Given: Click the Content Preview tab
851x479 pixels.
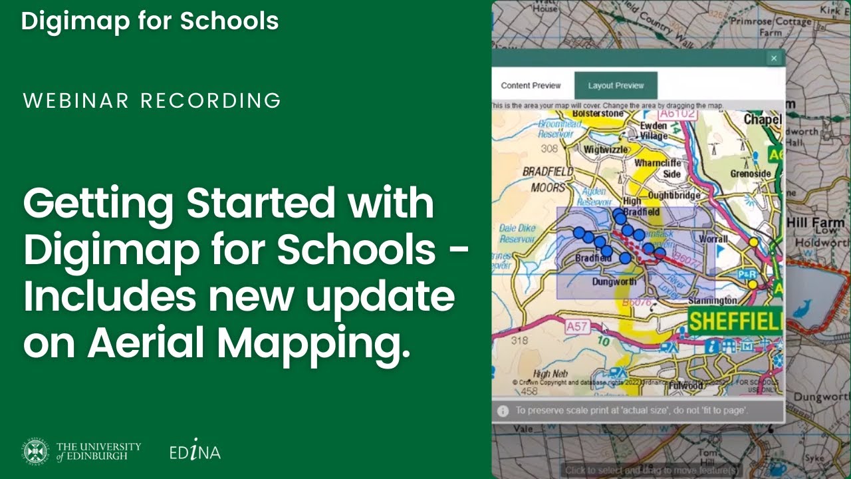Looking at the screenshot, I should pos(531,86).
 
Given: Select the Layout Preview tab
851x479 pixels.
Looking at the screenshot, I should pos(616,86).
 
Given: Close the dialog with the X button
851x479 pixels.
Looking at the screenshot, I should pos(773,59).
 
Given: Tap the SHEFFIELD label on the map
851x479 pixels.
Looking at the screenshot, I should pos(735,322).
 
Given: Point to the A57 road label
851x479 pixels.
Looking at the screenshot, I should pos(577,327).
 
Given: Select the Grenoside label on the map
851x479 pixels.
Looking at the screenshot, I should pos(750,174).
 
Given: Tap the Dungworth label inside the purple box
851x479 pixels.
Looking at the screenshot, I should pos(614,281).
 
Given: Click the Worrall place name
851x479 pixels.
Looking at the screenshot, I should pos(713,238).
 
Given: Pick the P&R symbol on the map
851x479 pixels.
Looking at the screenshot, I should pos(745,274).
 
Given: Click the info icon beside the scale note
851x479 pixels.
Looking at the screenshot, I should pos(503,410).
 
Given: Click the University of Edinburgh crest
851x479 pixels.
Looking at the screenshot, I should pos(36,452).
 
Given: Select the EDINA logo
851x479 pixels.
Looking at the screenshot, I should pos(194,452).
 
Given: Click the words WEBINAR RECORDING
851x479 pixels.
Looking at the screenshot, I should pos(152,101).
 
